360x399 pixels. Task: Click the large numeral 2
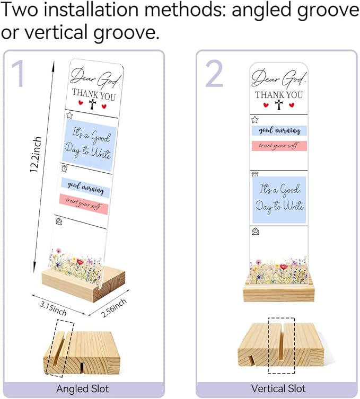214,74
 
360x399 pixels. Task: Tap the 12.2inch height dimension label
36,154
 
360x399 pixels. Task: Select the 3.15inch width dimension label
53,308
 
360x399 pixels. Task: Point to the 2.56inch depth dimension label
113,308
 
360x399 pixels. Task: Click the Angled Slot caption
83,389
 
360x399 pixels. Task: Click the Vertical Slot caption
278,388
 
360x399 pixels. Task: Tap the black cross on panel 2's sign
279,105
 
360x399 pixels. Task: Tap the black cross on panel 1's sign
92,104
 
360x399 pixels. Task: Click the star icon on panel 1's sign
69,116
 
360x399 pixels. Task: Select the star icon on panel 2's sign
255,119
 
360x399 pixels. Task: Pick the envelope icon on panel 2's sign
256,232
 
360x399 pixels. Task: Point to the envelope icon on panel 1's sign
59,221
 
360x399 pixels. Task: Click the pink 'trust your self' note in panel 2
279,146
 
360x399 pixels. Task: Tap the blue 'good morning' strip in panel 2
279,130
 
